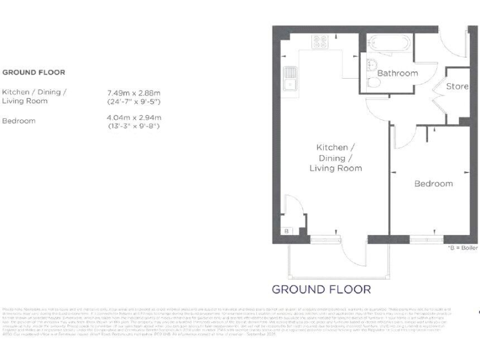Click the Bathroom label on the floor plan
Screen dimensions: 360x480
pos(397,73)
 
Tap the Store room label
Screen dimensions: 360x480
pos(457,86)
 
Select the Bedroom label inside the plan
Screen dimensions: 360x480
pos(434,184)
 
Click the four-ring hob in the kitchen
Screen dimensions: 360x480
pos(321,42)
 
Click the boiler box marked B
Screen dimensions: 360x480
pos(287,231)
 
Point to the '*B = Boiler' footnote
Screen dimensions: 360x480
pos(463,248)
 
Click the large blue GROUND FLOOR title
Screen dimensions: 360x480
pos(321,289)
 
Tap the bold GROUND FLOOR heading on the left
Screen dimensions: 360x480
pos(34,72)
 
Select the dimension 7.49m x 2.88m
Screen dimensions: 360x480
pos(134,92)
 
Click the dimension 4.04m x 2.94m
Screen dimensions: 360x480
pos(134,117)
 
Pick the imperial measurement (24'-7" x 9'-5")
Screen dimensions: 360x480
pos(134,101)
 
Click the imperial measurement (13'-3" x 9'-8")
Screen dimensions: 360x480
pos(134,126)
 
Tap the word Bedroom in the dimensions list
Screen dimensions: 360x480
pos(19,121)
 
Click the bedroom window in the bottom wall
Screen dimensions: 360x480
pos(426,239)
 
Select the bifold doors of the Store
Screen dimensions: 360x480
pos(439,100)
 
